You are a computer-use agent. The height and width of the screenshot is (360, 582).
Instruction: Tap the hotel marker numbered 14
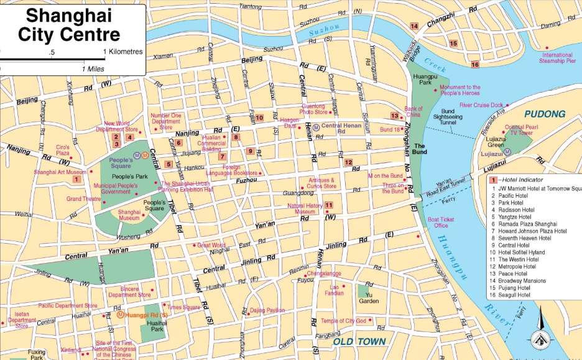414,25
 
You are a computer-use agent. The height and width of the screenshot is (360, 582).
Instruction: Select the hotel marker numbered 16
475,64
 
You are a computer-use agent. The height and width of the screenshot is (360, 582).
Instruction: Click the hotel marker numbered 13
394,116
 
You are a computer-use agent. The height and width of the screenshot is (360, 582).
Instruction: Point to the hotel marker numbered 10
259,117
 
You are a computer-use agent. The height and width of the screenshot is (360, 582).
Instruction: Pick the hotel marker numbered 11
328,205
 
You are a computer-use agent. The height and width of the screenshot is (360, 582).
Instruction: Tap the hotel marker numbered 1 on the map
76,179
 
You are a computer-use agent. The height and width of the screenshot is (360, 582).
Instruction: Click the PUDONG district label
545,114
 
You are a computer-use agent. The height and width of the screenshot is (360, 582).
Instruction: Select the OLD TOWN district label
359,341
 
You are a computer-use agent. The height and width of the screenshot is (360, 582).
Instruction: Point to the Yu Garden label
369,298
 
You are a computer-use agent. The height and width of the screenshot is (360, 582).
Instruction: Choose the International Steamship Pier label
557,58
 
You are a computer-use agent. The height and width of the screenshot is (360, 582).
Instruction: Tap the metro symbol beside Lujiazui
507,152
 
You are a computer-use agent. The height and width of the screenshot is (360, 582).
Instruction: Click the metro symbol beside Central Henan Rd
316,127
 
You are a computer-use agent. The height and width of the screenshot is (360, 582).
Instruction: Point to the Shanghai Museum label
129,215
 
